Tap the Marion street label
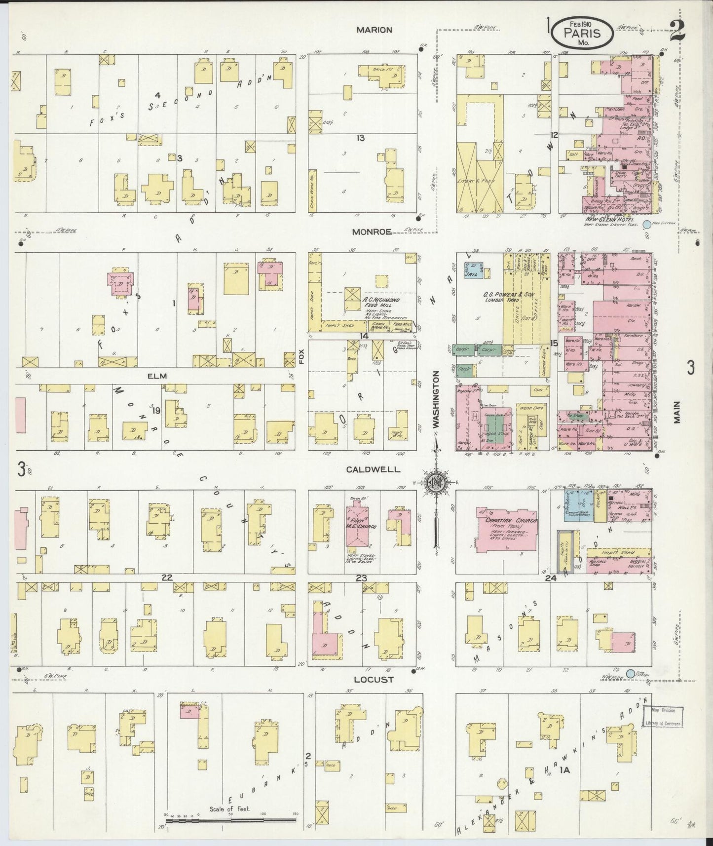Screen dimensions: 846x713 click(x=374, y=30)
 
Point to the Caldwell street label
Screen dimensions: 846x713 click(x=373, y=469)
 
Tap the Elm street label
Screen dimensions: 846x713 click(x=156, y=376)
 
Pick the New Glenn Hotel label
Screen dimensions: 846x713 click(x=610, y=219)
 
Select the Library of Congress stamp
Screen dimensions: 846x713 click(x=663, y=717)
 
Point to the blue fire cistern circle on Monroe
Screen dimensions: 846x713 click(x=647, y=225)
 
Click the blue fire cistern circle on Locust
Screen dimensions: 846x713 click(x=630, y=673)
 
